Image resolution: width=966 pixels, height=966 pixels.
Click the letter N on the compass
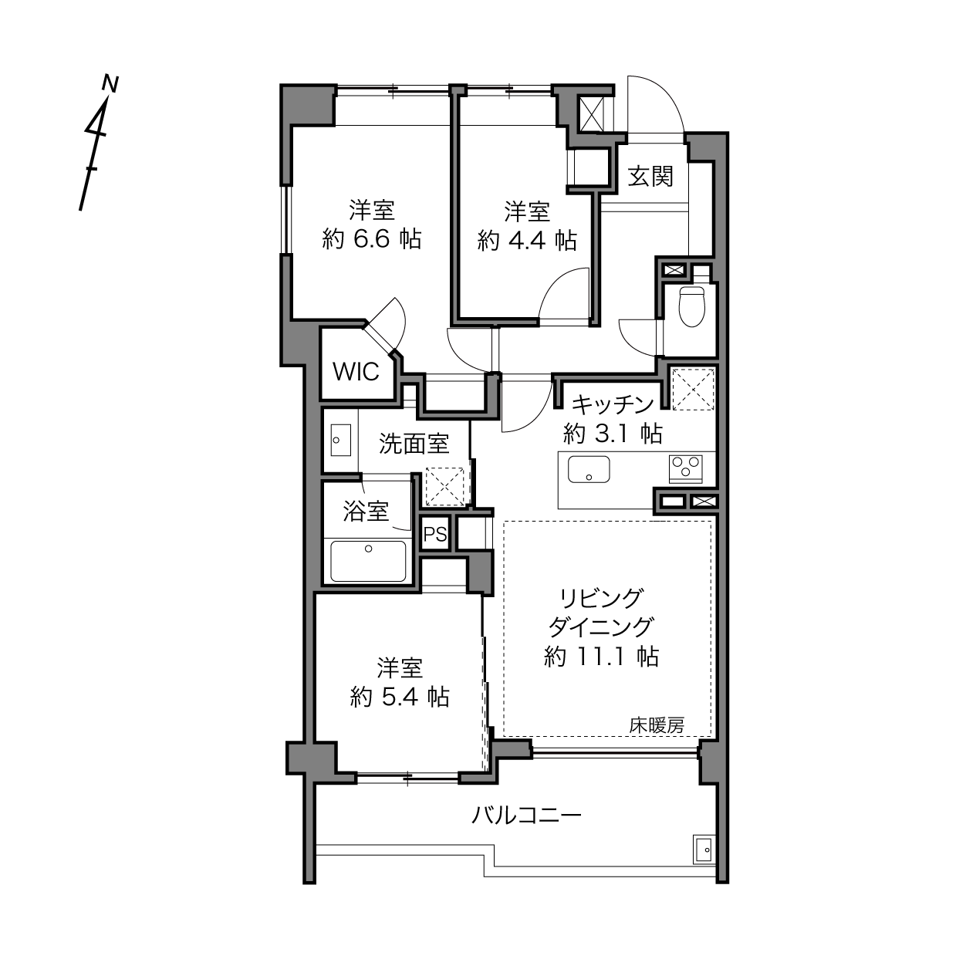tap(110, 84)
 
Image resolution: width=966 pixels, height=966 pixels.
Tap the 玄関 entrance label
tap(650, 176)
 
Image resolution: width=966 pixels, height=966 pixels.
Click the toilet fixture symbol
tap(691, 306)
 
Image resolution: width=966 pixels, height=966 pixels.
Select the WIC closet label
tap(356, 371)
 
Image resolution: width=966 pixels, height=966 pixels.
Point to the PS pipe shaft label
tap(434, 535)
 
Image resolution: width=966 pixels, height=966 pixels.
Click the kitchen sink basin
tap(589, 469)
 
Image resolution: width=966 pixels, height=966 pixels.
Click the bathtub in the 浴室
tap(369, 561)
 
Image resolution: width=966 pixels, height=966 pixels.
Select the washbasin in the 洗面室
tap(341, 440)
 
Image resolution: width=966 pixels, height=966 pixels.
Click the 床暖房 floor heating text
tap(657, 724)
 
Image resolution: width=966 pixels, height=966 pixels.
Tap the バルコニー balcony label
tap(526, 816)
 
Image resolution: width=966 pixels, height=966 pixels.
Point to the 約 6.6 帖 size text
tap(371, 239)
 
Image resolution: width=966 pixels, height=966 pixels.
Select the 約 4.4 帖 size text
tap(527, 241)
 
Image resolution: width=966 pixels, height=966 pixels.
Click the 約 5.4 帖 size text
tap(400, 697)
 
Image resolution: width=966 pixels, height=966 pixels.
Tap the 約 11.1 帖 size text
tap(601, 657)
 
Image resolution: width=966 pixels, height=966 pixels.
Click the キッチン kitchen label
tap(613, 404)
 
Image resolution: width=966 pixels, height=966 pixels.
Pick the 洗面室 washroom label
tap(414, 444)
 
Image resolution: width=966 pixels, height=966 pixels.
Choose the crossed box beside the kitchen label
tap(693, 389)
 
